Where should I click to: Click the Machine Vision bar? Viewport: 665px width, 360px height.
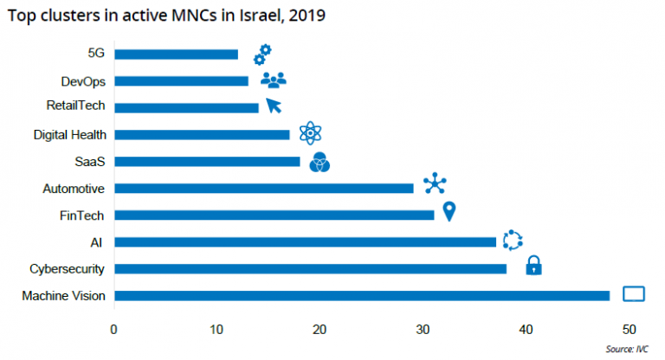[361, 296]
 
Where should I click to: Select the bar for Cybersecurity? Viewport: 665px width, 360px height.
[310, 269]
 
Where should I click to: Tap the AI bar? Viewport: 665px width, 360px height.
[305, 242]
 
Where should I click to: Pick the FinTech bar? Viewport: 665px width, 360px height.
[274, 215]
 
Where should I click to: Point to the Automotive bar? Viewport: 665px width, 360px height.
[263, 188]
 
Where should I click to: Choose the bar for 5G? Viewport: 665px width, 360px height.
[176, 55]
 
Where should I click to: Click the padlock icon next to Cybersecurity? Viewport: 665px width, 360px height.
[533, 266]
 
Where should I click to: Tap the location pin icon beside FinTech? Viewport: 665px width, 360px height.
[449, 211]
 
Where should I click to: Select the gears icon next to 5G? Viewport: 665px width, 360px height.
[262, 54]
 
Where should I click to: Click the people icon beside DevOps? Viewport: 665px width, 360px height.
[273, 80]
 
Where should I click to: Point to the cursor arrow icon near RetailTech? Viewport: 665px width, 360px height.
[274, 106]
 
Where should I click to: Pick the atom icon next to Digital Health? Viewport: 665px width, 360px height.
[310, 132]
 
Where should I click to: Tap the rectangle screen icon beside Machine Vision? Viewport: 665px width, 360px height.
[634, 294]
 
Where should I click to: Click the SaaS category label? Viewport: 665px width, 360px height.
[91, 162]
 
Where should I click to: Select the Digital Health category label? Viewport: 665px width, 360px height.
[69, 135]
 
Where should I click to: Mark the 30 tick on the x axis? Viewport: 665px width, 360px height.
[423, 329]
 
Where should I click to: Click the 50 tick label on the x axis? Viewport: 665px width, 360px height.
[629, 329]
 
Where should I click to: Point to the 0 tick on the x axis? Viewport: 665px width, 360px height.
[113, 329]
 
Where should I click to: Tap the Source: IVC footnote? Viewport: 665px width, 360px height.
[627, 349]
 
